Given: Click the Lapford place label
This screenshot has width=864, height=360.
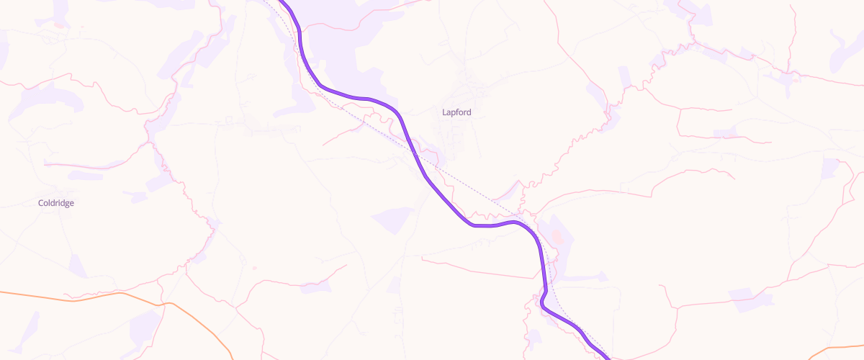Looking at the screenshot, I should pyautogui.click(x=456, y=112).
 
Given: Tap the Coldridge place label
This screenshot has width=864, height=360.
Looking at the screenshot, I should pyautogui.click(x=56, y=203).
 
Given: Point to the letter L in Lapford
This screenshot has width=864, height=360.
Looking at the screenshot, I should pyautogui.click(x=444, y=112).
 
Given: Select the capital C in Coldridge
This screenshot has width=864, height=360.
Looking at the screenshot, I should pyautogui.click(x=41, y=203).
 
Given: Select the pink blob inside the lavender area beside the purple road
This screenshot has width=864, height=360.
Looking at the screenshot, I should pyautogui.click(x=557, y=236).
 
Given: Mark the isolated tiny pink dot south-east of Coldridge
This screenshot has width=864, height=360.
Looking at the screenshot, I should pyautogui.click(x=254, y=269).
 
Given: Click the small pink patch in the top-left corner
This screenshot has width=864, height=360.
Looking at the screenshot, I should pyautogui.click(x=58, y=24).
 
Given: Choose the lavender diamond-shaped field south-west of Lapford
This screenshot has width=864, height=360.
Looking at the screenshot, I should pyautogui.click(x=393, y=220).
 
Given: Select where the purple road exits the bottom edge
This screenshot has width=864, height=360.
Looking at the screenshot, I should pyautogui.click(x=607, y=357).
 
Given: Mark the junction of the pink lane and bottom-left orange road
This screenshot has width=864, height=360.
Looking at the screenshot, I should pyautogui.click(x=166, y=304).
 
